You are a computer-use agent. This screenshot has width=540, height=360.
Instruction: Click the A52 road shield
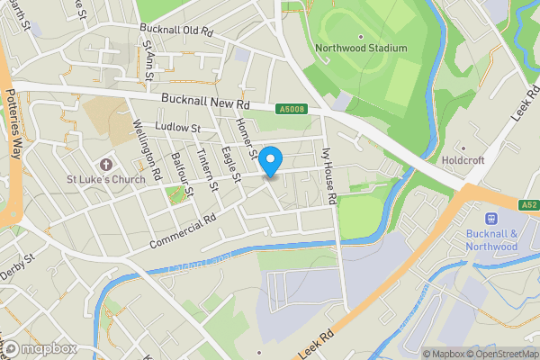[528, 205]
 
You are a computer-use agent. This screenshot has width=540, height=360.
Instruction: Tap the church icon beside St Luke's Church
[106, 165]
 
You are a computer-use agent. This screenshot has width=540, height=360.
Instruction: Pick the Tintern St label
[209, 169]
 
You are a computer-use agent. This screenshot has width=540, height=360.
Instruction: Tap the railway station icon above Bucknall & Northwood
[492, 218]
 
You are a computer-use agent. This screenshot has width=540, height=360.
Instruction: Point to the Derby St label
[16, 258]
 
